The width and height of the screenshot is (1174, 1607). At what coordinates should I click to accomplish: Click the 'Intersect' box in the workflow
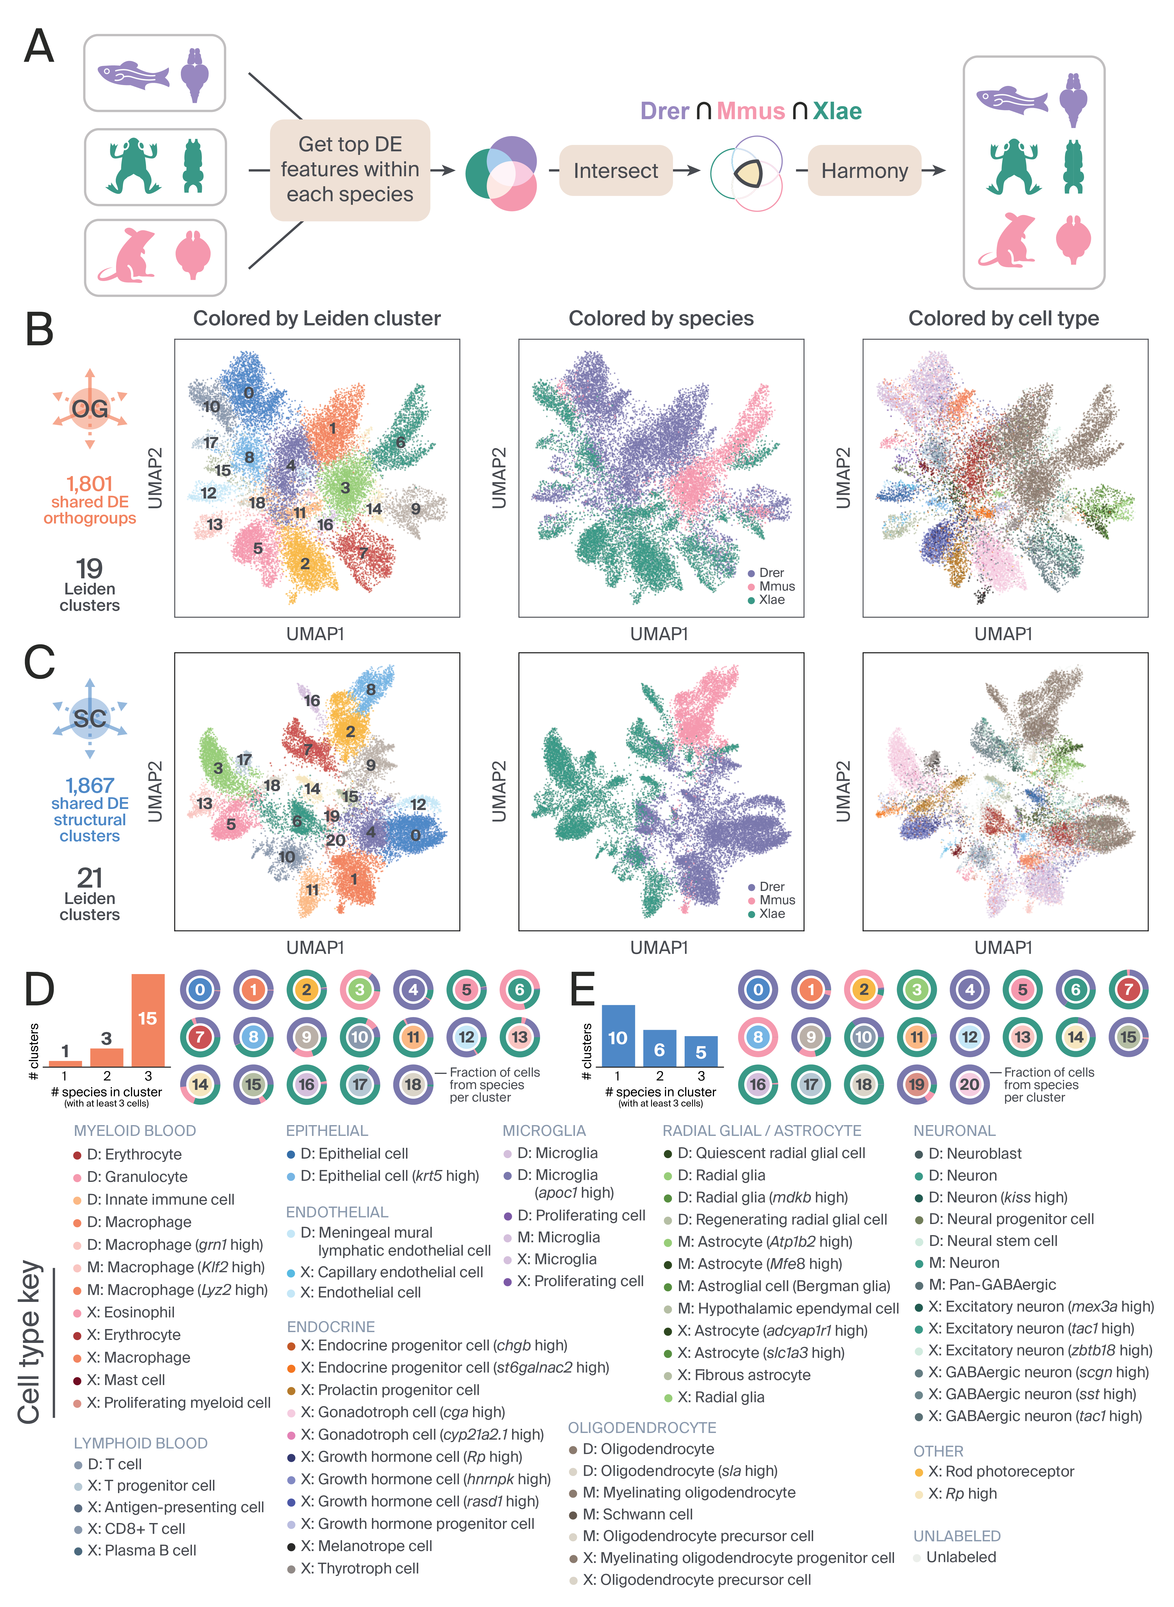tap(615, 171)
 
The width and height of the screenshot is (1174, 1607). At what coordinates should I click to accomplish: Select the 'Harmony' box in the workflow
tap(864, 171)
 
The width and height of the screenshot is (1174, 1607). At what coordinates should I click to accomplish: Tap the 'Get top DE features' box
tap(350, 169)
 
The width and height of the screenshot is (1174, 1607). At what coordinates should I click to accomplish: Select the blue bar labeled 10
tap(618, 1036)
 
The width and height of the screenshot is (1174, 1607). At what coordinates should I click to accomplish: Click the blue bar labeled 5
tap(701, 1051)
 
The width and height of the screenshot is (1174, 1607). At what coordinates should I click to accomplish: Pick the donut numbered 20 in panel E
tap(969, 1084)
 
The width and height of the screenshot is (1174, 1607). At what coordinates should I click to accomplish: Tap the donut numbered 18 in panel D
tap(413, 1084)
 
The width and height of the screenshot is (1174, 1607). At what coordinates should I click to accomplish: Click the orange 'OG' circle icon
tap(89, 408)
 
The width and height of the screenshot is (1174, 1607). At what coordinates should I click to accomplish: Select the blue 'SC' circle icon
tap(89, 718)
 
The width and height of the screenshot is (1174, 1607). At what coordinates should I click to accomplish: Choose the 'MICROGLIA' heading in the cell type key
tap(544, 1131)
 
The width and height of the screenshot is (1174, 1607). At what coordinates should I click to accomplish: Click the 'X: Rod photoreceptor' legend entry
tap(1001, 1471)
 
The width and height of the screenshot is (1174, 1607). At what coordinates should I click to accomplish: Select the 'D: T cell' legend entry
tap(114, 1464)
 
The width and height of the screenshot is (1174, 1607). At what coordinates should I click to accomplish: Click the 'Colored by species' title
tap(661, 319)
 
